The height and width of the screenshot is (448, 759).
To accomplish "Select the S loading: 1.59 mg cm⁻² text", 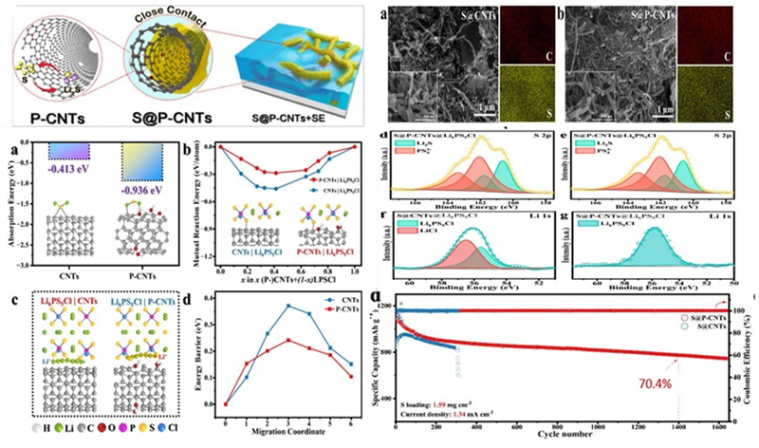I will [450, 403].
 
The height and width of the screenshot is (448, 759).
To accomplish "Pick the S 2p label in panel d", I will [550, 136].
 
